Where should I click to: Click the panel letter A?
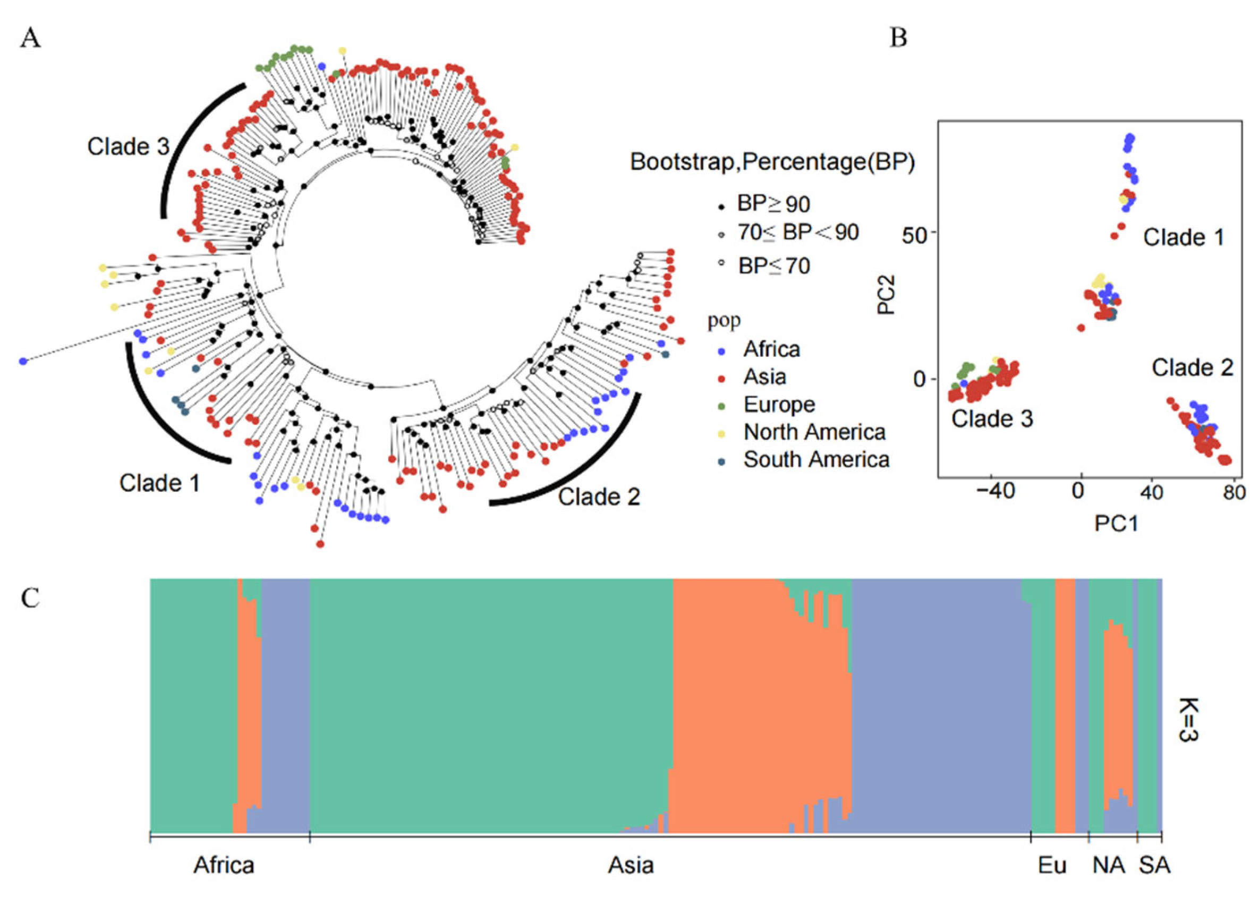click(x=30, y=39)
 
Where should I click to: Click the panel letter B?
click(x=898, y=38)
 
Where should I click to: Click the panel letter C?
click(x=30, y=597)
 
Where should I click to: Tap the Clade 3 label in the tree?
click(x=127, y=147)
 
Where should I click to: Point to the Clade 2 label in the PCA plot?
click(x=1192, y=368)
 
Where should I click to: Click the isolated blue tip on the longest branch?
click(x=23, y=361)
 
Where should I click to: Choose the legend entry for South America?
click(x=815, y=459)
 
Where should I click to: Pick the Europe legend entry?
click(x=778, y=404)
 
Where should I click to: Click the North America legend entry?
click(x=814, y=432)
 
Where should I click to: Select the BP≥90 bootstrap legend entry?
click(x=773, y=204)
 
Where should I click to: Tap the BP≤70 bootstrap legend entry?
click(x=773, y=266)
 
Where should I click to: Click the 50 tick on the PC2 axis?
click(x=913, y=234)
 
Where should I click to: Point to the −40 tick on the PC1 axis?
click(x=994, y=491)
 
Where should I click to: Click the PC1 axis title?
click(x=1116, y=523)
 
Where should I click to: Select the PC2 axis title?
click(x=886, y=295)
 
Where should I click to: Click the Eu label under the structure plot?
click(x=1052, y=865)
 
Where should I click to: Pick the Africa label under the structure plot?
click(x=224, y=865)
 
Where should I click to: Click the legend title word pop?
click(x=724, y=320)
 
